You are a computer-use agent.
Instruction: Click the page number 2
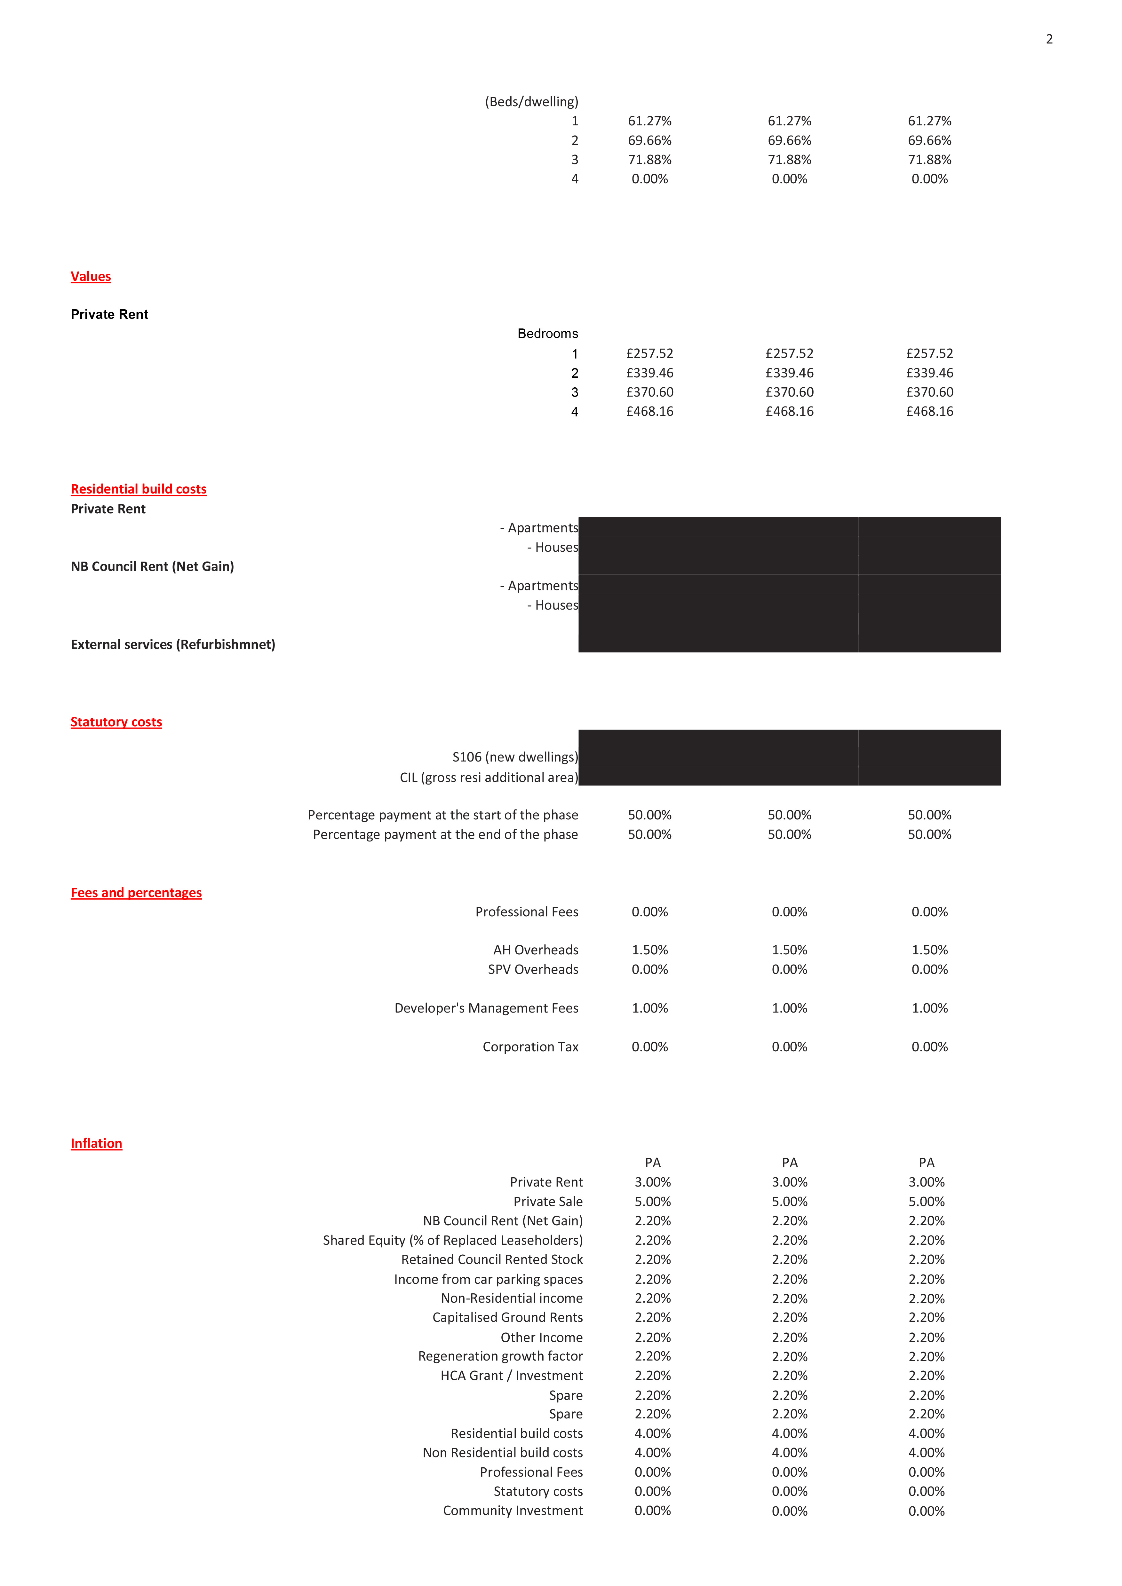click(x=1049, y=39)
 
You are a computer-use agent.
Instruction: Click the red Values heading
click(x=91, y=276)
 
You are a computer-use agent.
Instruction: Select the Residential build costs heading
click(x=138, y=489)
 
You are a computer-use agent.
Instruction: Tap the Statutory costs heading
click(x=116, y=722)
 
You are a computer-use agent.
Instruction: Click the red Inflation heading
click(x=96, y=1143)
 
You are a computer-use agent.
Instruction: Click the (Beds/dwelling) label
click(x=531, y=101)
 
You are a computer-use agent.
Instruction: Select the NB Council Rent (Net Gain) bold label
click(x=152, y=566)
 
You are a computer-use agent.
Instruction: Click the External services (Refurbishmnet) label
click(x=173, y=644)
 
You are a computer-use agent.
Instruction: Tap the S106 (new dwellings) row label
click(x=515, y=757)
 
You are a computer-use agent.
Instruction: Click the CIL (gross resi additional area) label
click(x=489, y=778)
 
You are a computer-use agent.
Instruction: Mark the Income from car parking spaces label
click(x=488, y=1279)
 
